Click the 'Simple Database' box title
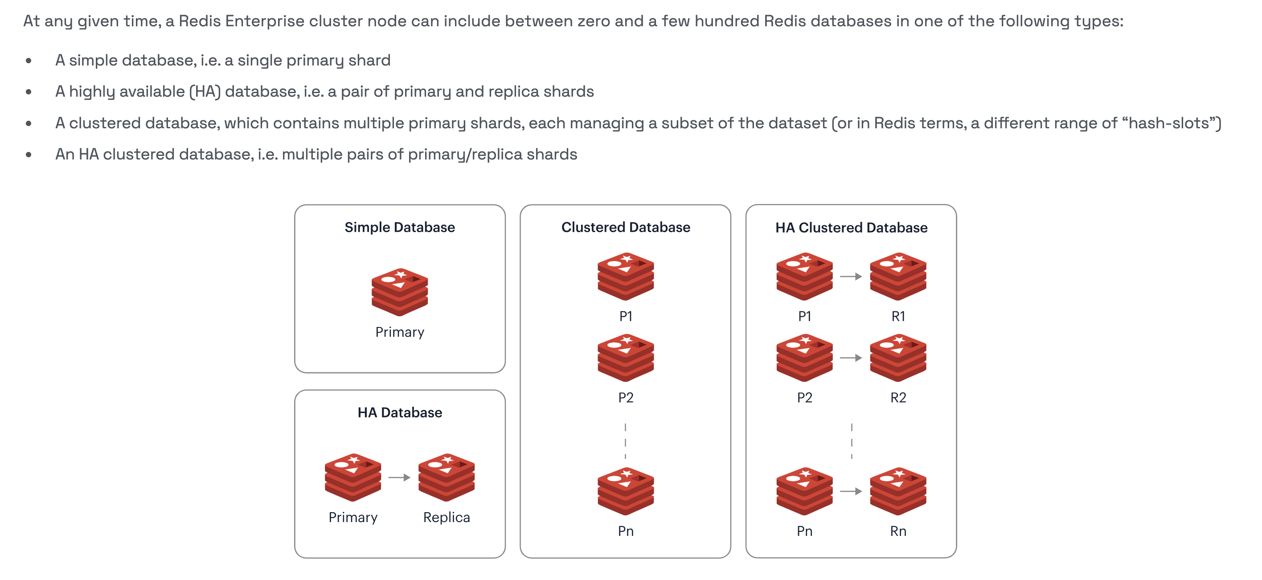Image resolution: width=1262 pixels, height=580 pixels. tap(399, 227)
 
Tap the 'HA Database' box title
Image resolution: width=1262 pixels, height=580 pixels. tap(399, 413)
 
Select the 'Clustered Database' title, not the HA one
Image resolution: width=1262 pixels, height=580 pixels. tap(625, 227)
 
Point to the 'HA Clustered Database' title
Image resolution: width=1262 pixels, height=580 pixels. tap(851, 228)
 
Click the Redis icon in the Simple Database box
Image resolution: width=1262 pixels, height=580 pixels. tap(399, 292)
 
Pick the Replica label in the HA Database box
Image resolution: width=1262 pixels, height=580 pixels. tap(447, 517)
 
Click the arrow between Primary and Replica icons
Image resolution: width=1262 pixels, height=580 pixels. tap(399, 477)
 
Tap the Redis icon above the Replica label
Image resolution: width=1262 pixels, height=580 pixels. tap(447, 477)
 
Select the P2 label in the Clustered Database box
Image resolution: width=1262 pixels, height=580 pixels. tap(626, 397)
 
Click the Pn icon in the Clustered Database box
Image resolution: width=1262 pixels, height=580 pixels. tap(626, 491)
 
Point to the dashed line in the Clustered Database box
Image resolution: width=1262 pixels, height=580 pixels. tap(625, 441)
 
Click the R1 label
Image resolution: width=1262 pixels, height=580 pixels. tap(898, 316)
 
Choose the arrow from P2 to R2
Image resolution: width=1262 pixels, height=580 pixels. tap(851, 358)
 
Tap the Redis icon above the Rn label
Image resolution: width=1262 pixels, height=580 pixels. tap(898, 491)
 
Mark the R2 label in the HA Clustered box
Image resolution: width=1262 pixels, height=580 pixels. tap(898, 397)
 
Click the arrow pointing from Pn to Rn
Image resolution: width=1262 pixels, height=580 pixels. tap(851, 491)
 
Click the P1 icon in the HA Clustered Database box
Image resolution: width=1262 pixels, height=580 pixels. tap(804, 276)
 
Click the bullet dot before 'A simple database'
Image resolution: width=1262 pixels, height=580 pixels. tap(29, 61)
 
